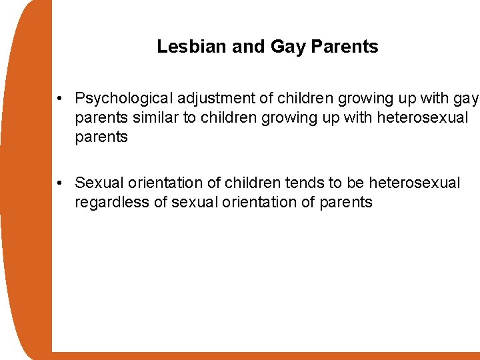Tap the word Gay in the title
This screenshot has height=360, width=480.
pyautogui.click(x=287, y=47)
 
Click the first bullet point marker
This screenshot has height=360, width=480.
pyautogui.click(x=60, y=99)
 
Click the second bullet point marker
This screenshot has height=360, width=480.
pyautogui.click(x=60, y=183)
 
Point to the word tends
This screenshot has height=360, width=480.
pyautogui.click(x=302, y=183)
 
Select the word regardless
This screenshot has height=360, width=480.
pyautogui.click(x=111, y=202)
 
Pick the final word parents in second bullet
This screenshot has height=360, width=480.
pyautogui.click(x=346, y=202)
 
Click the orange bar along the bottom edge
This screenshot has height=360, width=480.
pyautogui.click(x=267, y=356)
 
